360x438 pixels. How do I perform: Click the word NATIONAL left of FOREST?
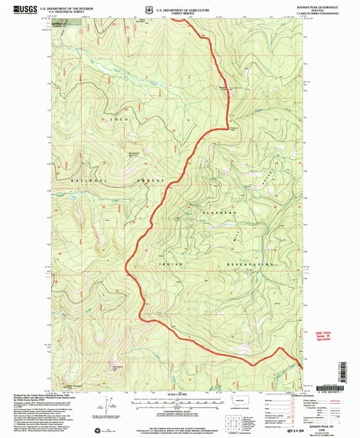89,181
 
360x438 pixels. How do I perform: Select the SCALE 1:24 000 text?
176,394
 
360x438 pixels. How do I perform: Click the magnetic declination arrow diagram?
103,405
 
